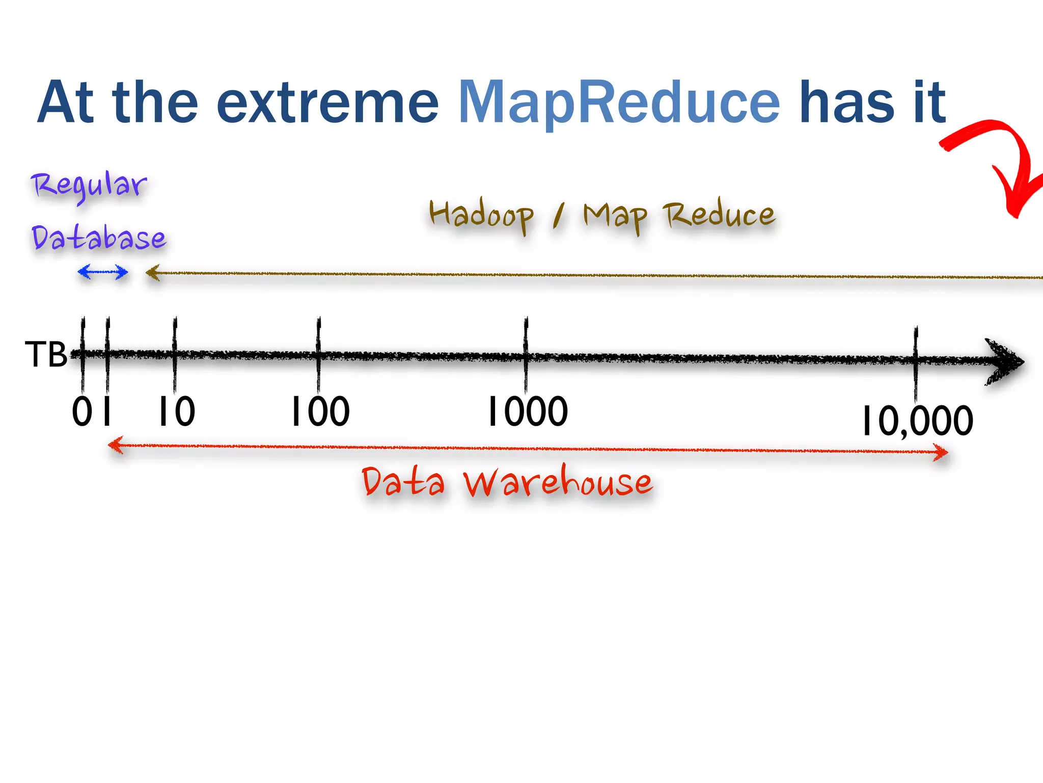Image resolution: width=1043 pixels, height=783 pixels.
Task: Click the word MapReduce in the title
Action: click(x=619, y=103)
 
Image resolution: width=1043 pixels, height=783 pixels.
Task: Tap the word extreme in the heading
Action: click(x=327, y=103)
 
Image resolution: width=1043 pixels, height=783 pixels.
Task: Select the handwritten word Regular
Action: click(x=89, y=186)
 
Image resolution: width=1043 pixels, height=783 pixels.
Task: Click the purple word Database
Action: click(x=99, y=238)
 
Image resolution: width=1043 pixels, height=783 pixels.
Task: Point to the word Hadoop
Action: click(x=481, y=215)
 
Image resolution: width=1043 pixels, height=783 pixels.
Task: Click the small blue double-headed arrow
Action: click(x=102, y=272)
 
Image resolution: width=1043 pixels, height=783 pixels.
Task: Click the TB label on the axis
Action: click(x=46, y=355)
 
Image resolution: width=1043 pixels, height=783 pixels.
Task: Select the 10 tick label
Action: click(x=176, y=412)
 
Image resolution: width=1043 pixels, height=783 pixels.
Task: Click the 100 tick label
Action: click(x=320, y=412)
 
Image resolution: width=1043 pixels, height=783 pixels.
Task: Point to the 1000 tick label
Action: click(x=527, y=412)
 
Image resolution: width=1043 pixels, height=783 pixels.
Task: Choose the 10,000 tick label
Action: click(x=917, y=421)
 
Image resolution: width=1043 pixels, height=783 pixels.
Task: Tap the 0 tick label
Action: click(x=82, y=412)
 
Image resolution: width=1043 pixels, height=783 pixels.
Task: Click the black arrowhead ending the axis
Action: click(x=1003, y=361)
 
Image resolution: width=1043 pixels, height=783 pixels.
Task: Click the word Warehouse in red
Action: click(x=558, y=482)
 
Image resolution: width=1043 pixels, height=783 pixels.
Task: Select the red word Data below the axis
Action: click(x=403, y=482)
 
